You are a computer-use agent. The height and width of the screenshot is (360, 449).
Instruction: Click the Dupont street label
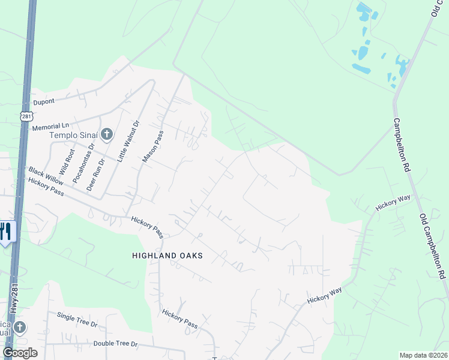point(44,103)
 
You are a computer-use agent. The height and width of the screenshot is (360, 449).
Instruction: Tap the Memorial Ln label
point(51,127)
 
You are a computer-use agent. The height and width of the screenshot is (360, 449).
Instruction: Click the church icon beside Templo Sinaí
point(106,134)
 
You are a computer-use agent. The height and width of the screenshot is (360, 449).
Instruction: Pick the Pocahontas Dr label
point(83,163)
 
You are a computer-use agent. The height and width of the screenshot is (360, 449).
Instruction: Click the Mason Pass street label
point(152,148)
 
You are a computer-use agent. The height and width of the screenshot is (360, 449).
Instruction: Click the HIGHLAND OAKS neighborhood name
point(167,256)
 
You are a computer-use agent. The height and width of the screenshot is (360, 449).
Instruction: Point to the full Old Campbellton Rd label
point(432,246)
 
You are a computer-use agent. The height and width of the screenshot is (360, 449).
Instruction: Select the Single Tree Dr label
point(77,319)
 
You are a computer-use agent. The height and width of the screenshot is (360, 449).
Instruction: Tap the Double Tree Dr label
point(116,344)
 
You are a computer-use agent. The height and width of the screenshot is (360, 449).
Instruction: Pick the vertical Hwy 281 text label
point(13,298)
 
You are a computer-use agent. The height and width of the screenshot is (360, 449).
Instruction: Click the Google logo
point(20,352)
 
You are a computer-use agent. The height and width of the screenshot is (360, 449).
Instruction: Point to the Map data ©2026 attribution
point(424,355)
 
